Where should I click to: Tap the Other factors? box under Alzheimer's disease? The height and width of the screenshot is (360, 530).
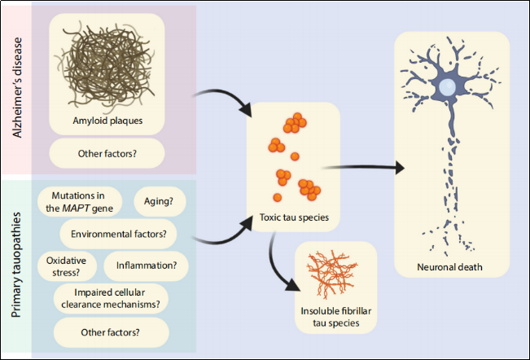click(x=107, y=153)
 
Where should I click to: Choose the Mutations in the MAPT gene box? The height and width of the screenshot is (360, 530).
click(x=81, y=201)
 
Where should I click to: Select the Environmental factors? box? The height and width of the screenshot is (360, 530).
click(x=120, y=235)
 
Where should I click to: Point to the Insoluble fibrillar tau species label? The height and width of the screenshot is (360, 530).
click(x=338, y=316)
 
